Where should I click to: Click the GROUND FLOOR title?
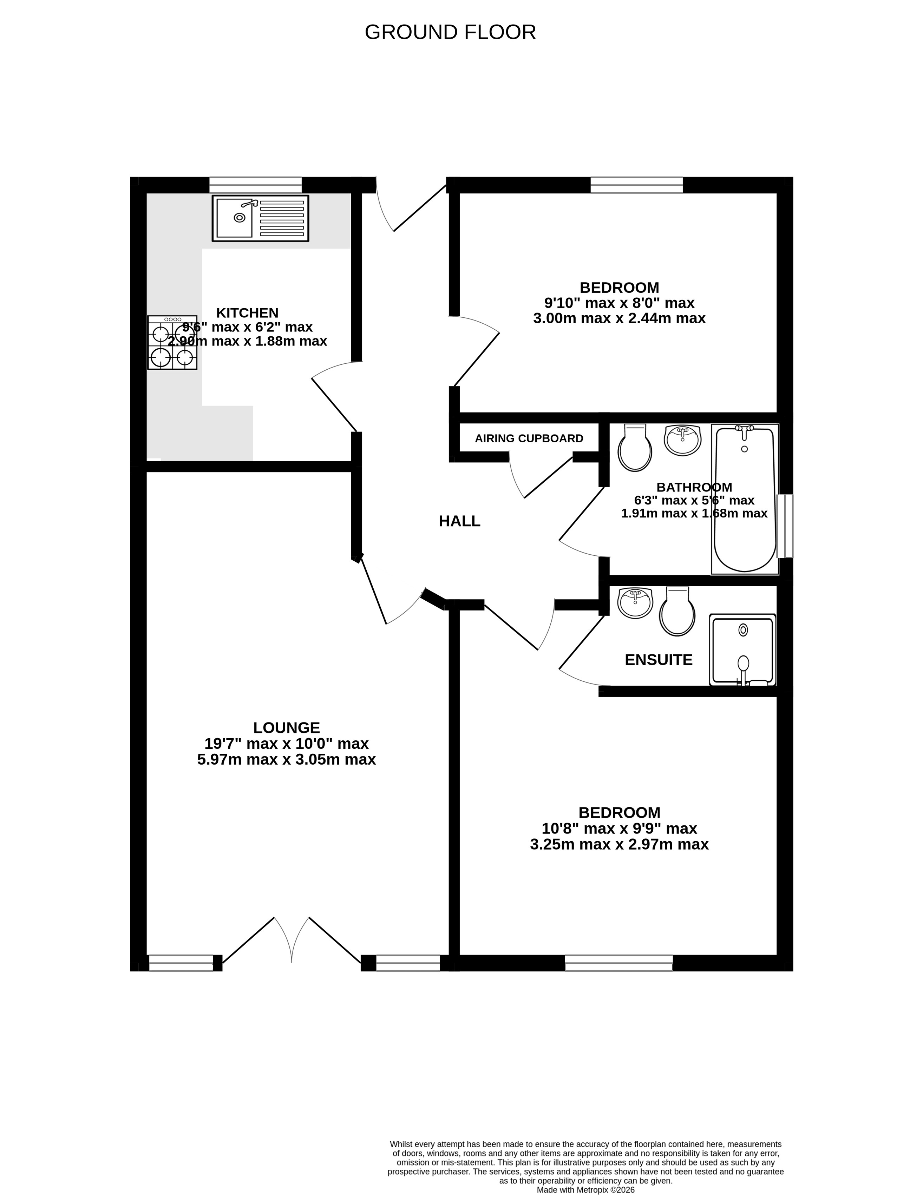tap(450, 32)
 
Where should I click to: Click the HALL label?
tap(459, 521)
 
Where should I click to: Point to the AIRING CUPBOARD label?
tap(529, 438)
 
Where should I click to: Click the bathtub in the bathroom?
tap(745, 499)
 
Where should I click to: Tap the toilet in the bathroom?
tap(635, 448)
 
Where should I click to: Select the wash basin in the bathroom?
tap(683, 440)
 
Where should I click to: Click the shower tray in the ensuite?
tap(743, 649)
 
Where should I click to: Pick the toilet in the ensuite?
tap(677, 611)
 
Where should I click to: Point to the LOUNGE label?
tap(286, 728)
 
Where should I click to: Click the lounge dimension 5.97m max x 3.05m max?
tap(286, 759)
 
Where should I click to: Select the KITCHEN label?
tap(248, 313)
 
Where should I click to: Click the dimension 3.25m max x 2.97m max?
tap(619, 844)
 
